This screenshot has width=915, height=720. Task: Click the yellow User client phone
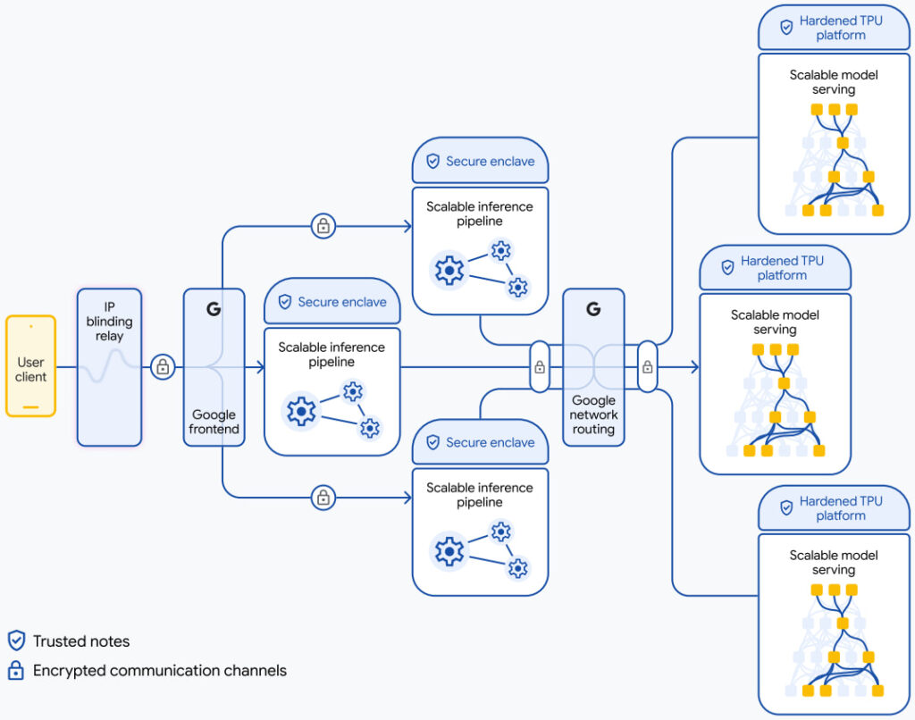coord(31,365)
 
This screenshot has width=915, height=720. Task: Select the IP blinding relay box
coord(109,366)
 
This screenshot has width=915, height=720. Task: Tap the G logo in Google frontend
coord(214,309)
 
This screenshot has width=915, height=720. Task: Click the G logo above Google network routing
coord(593,309)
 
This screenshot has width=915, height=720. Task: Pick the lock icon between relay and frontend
coord(163,366)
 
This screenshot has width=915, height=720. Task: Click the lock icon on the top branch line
coord(323,227)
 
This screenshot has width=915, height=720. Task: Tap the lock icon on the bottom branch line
coord(323,497)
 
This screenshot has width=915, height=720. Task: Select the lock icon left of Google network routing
coord(540,366)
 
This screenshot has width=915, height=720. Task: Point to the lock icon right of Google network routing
coord(647,366)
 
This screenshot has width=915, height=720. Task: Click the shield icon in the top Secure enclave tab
coord(432,161)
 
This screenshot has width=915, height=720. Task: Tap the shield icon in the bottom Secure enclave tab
coord(432,442)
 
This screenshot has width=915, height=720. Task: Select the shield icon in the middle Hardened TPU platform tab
coord(727,266)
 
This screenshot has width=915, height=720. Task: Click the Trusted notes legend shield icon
coord(16,640)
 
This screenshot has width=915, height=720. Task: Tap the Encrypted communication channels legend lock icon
coord(16,670)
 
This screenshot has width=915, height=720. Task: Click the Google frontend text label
coord(214,422)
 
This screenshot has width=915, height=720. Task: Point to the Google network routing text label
coord(593,414)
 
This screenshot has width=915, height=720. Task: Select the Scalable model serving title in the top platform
coord(833,82)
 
